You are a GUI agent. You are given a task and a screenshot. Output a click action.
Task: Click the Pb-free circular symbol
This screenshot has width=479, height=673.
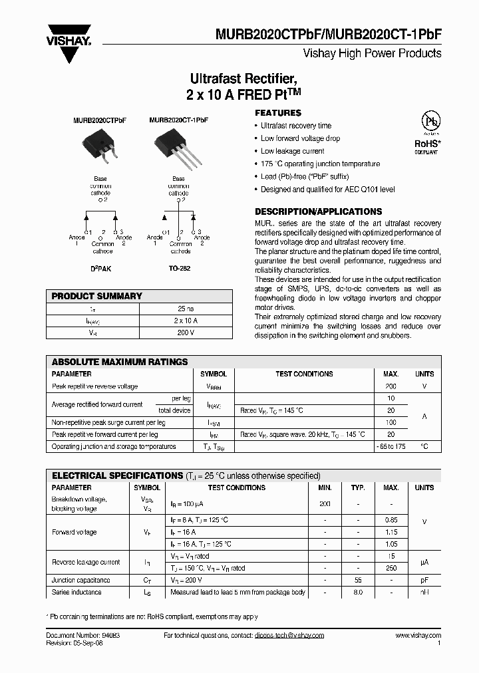click(x=432, y=122)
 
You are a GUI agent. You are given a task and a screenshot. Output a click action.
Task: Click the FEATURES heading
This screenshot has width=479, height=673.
click(x=278, y=113)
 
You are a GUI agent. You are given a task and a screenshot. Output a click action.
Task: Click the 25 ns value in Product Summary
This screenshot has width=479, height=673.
click(x=186, y=309)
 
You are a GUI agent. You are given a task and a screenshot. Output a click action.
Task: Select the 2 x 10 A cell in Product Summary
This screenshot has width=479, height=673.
click(x=186, y=321)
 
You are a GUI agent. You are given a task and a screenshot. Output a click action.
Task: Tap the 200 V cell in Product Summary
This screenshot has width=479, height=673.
click(x=186, y=332)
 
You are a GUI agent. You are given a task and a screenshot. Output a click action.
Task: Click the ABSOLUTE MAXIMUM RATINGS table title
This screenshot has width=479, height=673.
click(x=120, y=362)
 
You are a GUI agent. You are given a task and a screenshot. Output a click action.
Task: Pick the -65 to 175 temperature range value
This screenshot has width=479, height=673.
click(x=391, y=446)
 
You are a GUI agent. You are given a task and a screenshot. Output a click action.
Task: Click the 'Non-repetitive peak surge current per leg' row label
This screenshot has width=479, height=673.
click(x=108, y=422)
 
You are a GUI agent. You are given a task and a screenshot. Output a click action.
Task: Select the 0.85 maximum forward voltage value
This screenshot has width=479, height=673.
click(x=391, y=520)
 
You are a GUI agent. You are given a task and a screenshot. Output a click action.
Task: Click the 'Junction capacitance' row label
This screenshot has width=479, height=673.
click(x=80, y=580)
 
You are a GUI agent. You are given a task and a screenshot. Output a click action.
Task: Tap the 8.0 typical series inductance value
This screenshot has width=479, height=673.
click(x=357, y=591)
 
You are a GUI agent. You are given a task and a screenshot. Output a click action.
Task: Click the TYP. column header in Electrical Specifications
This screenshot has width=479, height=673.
click(x=357, y=487)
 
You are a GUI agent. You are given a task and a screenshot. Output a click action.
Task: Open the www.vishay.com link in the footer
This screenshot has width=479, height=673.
click(x=417, y=636)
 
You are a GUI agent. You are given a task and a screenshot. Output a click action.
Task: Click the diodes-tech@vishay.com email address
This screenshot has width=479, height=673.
click(x=289, y=636)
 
